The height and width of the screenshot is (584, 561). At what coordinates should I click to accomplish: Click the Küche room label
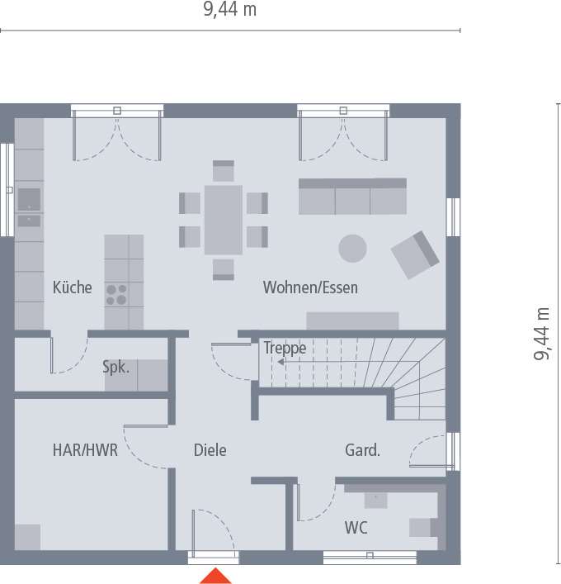click(x=72, y=287)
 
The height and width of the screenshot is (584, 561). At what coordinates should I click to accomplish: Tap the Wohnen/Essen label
click(x=310, y=287)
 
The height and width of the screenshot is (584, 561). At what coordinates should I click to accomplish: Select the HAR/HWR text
click(x=85, y=450)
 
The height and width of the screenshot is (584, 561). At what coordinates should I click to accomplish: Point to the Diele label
click(x=210, y=450)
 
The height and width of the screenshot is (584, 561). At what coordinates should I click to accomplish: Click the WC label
click(x=356, y=527)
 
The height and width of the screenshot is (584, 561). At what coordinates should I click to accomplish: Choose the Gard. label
click(x=362, y=450)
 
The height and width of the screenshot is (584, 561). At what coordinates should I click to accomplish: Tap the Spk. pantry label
click(x=116, y=368)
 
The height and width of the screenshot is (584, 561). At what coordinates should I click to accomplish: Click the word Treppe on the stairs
click(x=285, y=348)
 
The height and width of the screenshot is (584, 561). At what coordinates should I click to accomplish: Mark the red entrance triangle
click(x=215, y=576)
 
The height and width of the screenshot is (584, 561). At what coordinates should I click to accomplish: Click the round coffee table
click(x=352, y=249)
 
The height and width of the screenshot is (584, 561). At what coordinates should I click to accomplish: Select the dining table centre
click(x=224, y=220)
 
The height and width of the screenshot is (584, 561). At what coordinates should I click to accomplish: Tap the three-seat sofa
click(x=352, y=197)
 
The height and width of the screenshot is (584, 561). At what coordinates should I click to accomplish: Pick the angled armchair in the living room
click(x=415, y=254)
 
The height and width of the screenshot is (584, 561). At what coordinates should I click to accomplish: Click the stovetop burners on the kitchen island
click(x=116, y=295)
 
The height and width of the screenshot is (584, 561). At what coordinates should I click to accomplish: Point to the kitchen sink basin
click(x=29, y=200)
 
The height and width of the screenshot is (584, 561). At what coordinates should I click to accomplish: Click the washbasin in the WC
click(x=375, y=501)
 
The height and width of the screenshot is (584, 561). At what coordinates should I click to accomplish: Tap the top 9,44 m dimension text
click(x=230, y=9)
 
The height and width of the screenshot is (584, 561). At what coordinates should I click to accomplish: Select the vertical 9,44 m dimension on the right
click(x=542, y=334)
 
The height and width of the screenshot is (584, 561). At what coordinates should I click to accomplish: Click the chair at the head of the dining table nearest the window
click(x=224, y=171)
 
